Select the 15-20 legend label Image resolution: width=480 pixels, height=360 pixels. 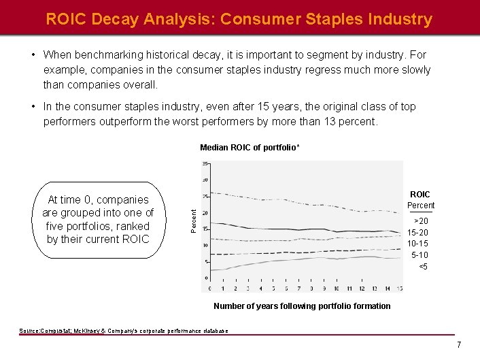[417, 233]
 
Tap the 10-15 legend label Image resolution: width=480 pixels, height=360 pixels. [417, 244]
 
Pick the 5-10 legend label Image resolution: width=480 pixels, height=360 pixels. [419, 255]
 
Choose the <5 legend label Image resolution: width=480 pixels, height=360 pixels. [423, 267]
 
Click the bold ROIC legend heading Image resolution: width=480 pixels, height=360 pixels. [420, 195]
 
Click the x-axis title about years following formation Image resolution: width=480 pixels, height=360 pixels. [302, 306]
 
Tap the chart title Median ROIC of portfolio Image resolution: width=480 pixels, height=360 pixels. [250, 148]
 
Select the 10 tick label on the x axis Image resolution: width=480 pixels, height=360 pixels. [337, 289]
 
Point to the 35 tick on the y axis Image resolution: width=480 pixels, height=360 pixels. [205, 164]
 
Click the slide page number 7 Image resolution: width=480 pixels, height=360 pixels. [459, 345]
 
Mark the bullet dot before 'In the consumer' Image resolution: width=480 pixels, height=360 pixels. [33, 107]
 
